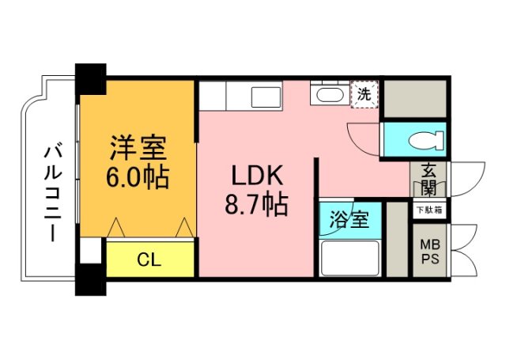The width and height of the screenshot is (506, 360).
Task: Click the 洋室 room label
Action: [x=137, y=149]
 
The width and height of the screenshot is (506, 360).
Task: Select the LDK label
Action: [x=251, y=175]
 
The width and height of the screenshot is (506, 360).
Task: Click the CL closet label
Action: [x=149, y=260]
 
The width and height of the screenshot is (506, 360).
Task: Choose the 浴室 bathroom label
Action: [x=349, y=219]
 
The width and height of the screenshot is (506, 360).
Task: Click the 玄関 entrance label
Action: [x=429, y=180]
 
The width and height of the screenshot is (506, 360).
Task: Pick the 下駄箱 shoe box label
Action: [x=429, y=210]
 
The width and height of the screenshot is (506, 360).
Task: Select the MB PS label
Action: [x=429, y=252]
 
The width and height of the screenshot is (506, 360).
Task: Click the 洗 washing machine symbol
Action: [x=364, y=94]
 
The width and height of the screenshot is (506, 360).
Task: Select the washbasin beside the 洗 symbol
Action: [x=327, y=96]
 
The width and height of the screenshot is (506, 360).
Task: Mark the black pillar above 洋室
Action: [x=91, y=78]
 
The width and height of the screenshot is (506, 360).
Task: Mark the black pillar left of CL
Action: [x=90, y=278]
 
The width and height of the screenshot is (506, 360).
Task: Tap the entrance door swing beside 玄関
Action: [x=464, y=179]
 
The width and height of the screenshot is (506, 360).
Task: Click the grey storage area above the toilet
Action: [x=413, y=100]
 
